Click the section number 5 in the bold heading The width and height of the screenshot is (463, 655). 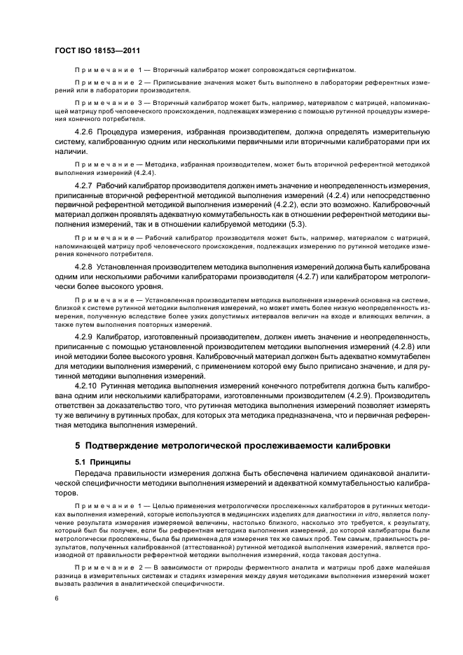coord(78,446)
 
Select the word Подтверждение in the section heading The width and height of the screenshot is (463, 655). coord(123,446)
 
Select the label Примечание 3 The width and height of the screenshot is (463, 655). coord(107,101)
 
